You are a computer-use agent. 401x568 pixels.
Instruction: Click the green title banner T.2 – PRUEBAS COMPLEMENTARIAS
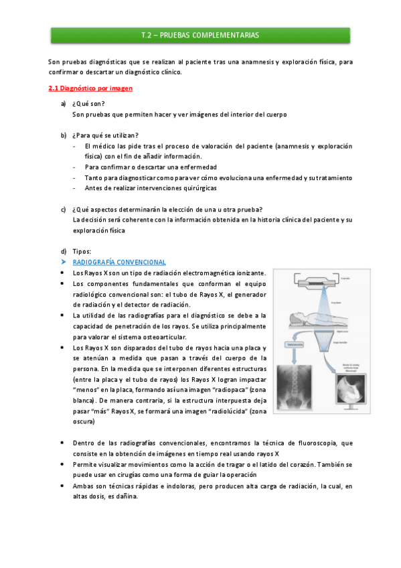point(200,35)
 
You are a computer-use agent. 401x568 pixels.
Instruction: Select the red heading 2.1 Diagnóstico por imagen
point(90,88)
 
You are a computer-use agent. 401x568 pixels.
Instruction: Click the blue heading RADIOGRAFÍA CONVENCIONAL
point(119,262)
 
